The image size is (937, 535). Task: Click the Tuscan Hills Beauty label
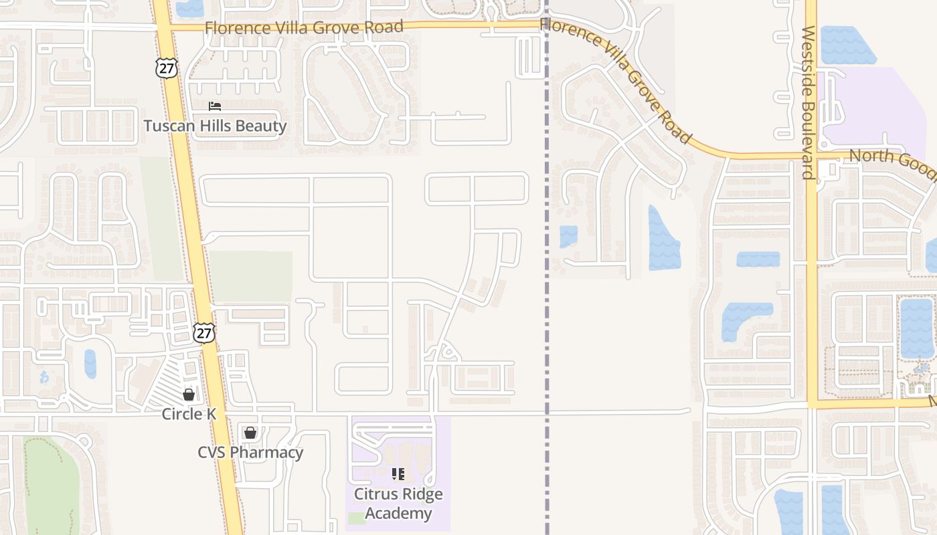215,126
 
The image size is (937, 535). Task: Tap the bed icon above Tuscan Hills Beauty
215,106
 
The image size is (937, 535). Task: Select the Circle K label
189,414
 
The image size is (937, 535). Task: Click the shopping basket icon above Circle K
189,395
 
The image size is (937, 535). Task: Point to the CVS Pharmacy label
250,453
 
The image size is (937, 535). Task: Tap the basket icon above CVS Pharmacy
250,433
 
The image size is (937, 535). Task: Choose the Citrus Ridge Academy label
398,504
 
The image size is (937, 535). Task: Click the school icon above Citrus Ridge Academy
398,474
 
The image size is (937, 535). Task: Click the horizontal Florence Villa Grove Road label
304,27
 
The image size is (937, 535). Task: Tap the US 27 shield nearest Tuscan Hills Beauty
166,67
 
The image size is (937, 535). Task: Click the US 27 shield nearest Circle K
205,332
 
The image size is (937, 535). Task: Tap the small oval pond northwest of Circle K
90,364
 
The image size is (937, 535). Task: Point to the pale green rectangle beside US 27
251,276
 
